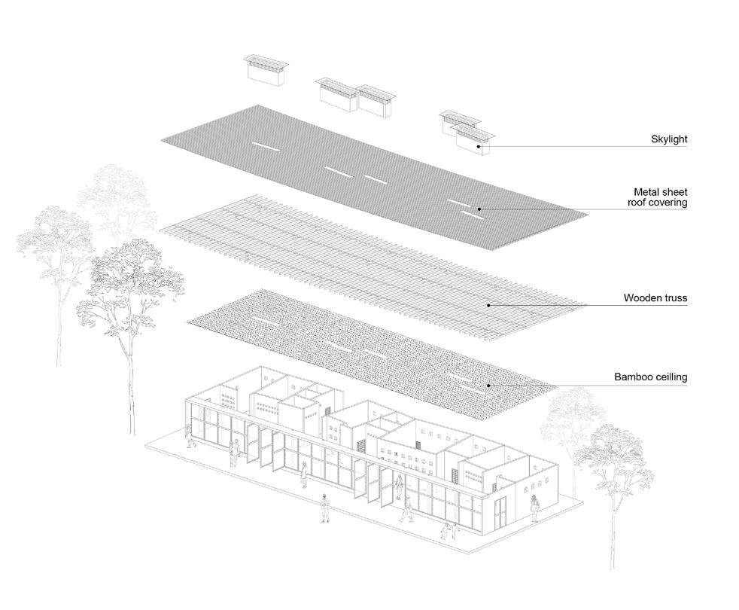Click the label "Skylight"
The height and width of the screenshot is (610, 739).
coord(669,139)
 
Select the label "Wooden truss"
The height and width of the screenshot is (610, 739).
coord(655,298)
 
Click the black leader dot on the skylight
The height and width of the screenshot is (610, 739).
coord(479,146)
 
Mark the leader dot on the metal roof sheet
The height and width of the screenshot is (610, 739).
coord(479,209)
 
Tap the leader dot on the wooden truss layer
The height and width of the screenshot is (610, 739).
coord(488,305)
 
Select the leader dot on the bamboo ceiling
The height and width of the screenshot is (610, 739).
coord(488,385)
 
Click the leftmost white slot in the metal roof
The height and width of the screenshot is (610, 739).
coord(265,147)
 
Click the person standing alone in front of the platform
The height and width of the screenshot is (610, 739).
coord(324,508)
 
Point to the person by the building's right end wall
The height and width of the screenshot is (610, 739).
coord(534,507)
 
